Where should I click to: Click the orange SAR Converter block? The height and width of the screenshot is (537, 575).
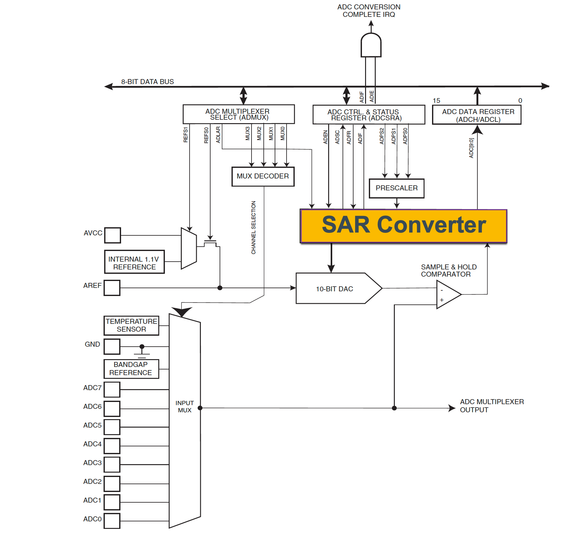pos(403,226)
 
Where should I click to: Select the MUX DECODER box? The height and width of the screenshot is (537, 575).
pos(263,176)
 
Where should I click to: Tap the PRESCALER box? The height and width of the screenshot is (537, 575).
pos(396,188)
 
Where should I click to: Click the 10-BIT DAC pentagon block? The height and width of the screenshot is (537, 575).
pos(335,289)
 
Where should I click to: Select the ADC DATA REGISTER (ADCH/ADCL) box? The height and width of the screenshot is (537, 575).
pos(476,115)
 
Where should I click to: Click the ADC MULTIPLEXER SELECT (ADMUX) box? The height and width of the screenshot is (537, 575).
pos(238,114)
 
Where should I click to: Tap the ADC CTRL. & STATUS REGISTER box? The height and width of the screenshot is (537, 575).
pos(369,115)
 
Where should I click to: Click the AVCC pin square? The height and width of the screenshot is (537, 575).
pos(112,235)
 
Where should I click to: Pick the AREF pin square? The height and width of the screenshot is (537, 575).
pos(112,288)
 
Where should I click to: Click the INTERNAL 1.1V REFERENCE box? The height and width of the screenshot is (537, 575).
pos(134,262)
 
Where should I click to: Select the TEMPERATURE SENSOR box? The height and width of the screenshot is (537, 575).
pos(131,325)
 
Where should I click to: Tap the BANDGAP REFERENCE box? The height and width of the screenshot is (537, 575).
pos(131,369)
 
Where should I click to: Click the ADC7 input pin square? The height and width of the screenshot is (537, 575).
pos(112,389)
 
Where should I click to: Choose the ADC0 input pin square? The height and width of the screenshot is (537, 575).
pos(112,521)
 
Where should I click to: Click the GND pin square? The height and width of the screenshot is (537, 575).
pos(112,346)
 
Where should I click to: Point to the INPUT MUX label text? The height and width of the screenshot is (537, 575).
pos(185,406)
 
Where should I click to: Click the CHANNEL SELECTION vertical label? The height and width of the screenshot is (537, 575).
pos(253,228)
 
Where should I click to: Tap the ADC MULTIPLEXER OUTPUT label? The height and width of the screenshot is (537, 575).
pos(491,406)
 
